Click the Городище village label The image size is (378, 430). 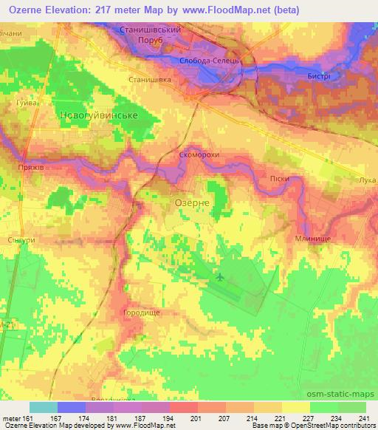coord(140,313)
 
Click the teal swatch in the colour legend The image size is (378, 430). coord(44,406)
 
